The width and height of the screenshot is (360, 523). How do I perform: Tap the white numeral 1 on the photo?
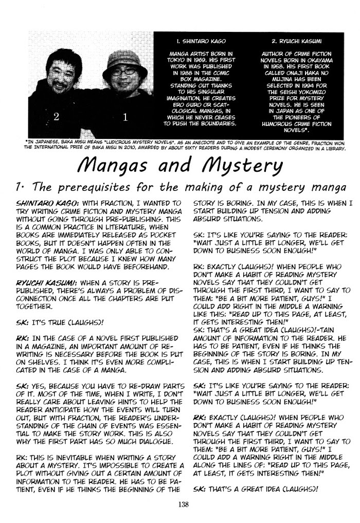click(x=125, y=117)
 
